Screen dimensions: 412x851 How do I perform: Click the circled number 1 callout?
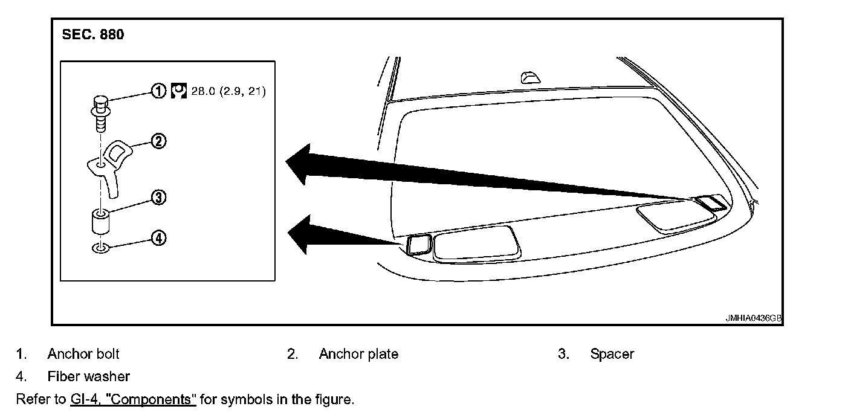point(158,92)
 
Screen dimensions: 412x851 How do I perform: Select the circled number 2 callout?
point(158,141)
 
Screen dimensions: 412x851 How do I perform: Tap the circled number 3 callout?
point(158,198)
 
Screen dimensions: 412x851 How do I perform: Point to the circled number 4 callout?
point(158,238)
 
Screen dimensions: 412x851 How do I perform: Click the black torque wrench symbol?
point(179,92)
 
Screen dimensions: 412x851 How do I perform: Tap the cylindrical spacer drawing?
point(100,222)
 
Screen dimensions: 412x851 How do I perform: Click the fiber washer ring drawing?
point(100,248)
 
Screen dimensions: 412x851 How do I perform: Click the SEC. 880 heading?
point(93,35)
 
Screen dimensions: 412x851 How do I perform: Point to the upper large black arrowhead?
point(302,164)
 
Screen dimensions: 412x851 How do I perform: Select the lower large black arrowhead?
point(302,235)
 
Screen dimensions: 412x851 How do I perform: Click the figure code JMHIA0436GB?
point(754,318)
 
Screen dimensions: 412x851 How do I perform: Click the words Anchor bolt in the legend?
point(83,354)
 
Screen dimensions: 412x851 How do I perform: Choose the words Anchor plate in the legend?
point(358,354)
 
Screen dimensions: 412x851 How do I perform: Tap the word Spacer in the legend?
point(612,354)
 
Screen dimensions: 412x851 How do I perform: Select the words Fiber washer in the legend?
point(88,376)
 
